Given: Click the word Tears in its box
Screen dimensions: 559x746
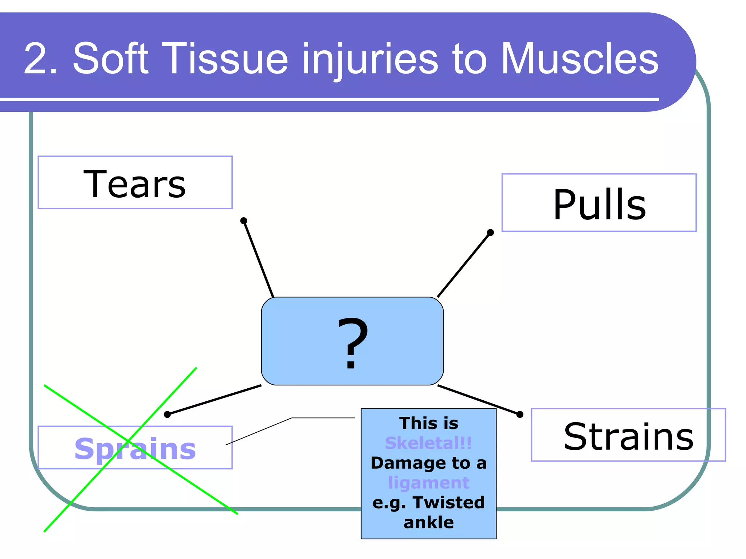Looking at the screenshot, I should click(134, 184).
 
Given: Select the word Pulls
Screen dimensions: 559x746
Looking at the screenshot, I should click(599, 205).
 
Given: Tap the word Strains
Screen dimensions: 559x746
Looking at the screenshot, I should click(628, 436).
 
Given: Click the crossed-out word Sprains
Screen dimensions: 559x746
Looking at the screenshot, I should click(135, 449).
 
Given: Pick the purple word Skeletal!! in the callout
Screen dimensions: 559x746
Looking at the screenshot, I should click(428, 443).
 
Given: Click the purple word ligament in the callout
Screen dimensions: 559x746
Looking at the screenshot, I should click(428, 483).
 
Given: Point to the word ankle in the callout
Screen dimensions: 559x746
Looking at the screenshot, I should click(429, 523).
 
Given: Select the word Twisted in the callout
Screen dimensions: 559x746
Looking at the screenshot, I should click(449, 503).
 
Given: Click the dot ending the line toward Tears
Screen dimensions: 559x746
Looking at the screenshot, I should click(244, 221).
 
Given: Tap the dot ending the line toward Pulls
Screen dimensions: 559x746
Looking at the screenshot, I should click(490, 232).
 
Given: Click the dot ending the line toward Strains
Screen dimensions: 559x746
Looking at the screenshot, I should click(520, 414).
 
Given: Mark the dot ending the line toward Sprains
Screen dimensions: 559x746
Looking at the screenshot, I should click(167, 414).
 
